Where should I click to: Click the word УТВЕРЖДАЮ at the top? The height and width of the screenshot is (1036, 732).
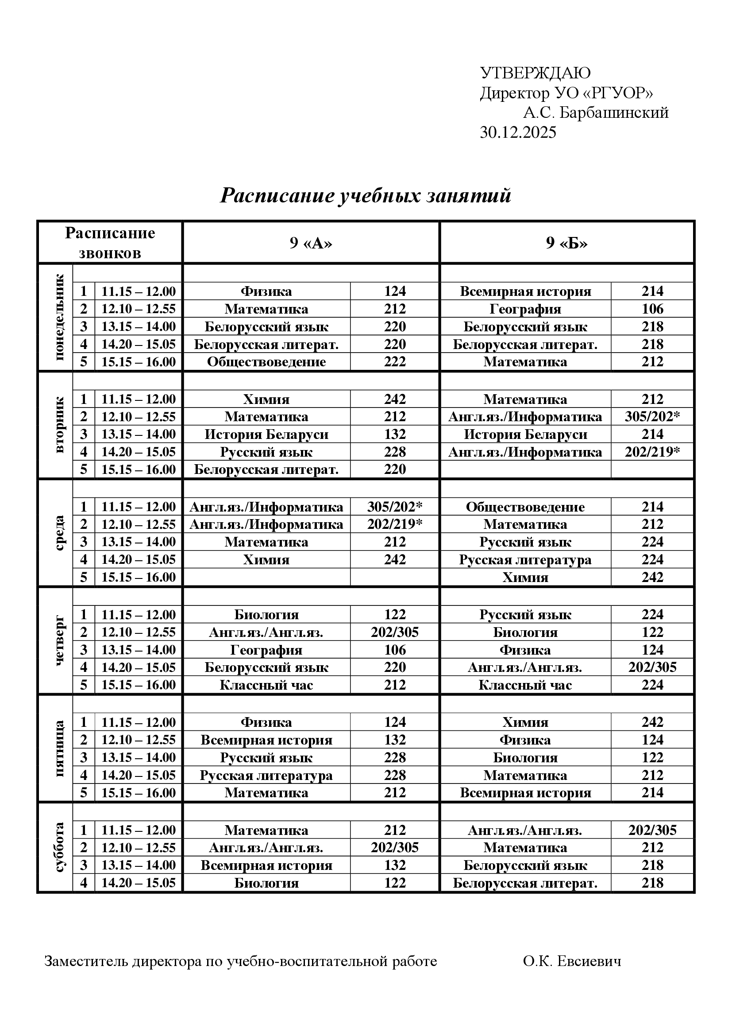535,73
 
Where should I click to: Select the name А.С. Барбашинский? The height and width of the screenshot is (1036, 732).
595,113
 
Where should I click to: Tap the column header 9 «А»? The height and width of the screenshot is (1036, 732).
311,243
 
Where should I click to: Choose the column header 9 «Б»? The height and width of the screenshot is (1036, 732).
566,243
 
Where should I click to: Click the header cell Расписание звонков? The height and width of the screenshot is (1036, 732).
110,243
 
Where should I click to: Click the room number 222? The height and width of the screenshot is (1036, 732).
395,362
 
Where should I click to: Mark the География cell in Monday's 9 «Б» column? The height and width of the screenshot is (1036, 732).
525,309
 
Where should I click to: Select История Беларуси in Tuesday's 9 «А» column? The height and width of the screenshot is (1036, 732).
266,435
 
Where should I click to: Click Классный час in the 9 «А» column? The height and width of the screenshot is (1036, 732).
266,685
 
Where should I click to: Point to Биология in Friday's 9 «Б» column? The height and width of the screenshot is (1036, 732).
525,757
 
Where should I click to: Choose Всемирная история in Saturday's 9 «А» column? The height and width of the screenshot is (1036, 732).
266,865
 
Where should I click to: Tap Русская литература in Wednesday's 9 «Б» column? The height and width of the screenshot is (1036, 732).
525,560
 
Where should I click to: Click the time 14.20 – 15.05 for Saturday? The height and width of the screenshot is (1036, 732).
139,883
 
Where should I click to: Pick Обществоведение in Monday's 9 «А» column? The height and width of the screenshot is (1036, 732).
266,362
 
